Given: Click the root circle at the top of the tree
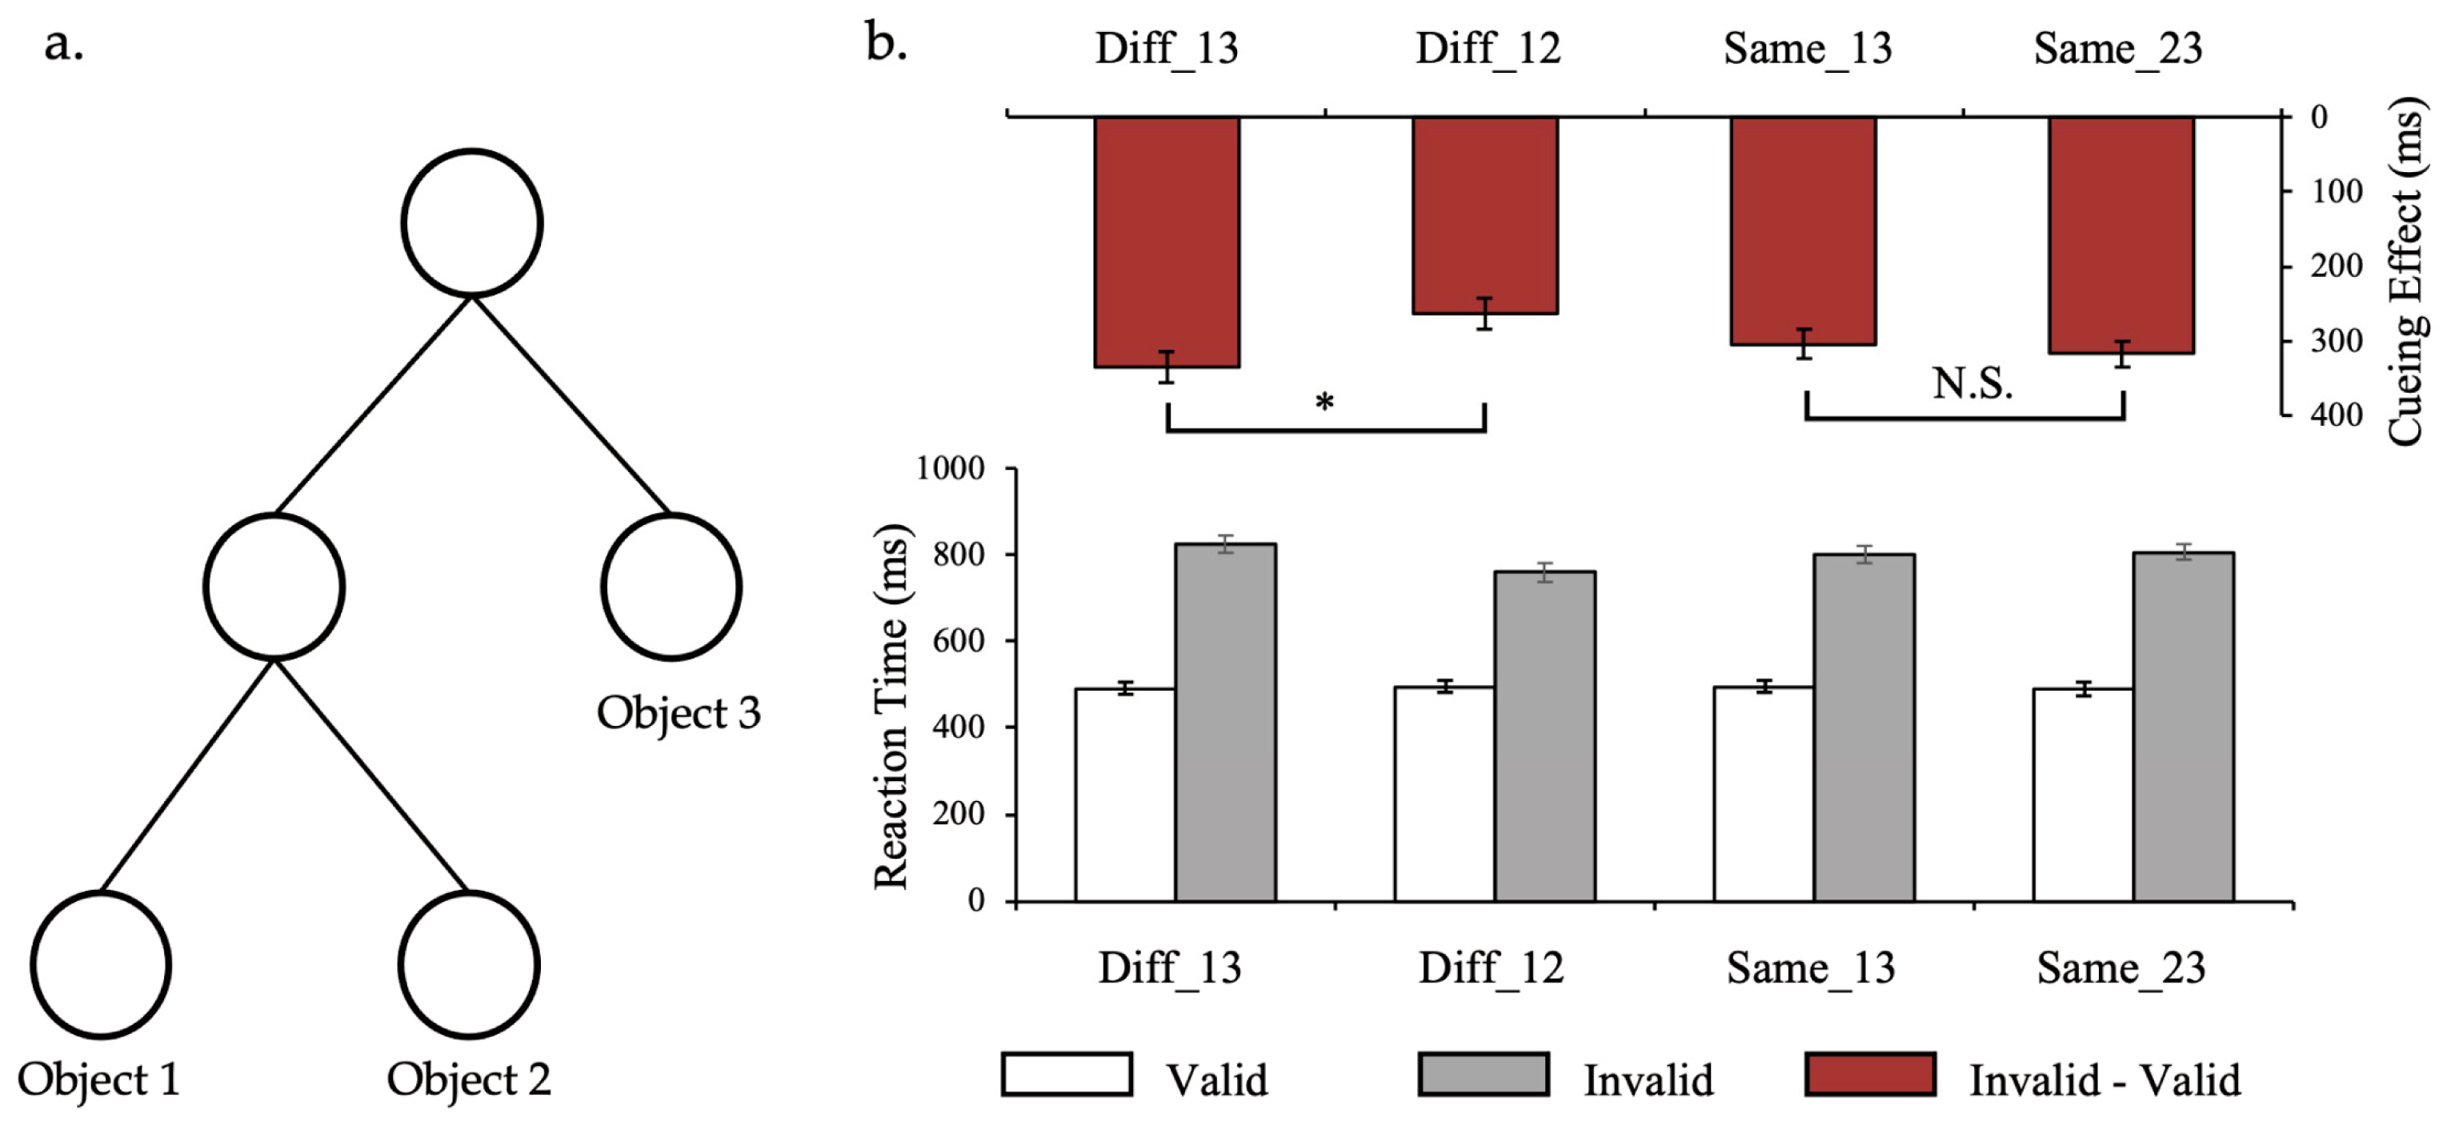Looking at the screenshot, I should pos(471,223).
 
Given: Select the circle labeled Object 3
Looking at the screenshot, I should pos(671,587).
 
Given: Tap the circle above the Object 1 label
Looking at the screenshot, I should pos(101,964).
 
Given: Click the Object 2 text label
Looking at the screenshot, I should pos(468,1080).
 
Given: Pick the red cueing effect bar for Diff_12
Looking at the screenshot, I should pos(1484,214).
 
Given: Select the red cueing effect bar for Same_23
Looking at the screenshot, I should pos(2121,234).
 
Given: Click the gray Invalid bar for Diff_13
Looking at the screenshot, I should pos(1225,721).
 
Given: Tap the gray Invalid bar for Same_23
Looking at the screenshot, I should pos(2183,726).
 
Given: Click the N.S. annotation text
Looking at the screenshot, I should pos(1972,384).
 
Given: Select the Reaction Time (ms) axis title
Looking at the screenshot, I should pos(892,707).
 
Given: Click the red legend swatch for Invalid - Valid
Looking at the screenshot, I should pos(1869,1075).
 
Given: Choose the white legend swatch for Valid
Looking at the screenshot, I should pos(1066,1075).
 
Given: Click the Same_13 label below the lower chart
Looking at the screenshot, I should pos(1809,968).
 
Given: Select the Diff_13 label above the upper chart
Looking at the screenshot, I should pos(1167,48).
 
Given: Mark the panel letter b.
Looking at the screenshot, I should pos(886,44).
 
